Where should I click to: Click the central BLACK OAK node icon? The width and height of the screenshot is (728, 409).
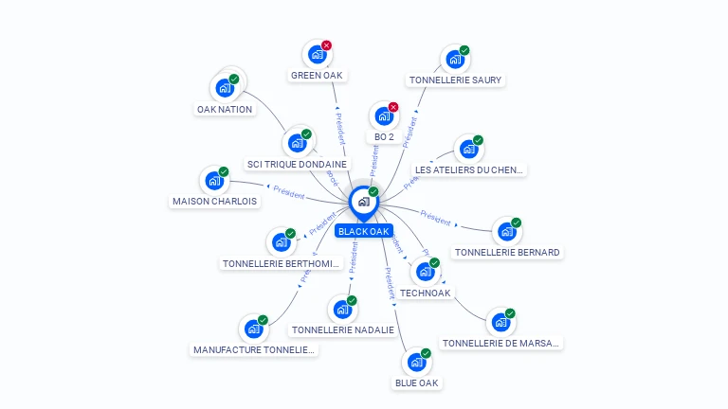point(363,202)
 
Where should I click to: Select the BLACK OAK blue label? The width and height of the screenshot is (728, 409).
point(364,231)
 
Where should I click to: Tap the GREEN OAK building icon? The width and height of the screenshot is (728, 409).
point(317,55)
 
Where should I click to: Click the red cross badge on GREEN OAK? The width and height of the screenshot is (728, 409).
point(326,44)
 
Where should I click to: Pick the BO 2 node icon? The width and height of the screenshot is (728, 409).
point(383,116)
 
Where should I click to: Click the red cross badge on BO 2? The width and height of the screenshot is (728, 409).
point(393,107)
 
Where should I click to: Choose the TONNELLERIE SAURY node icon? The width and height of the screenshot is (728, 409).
point(455,60)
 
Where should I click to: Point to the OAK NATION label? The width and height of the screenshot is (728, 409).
point(225,109)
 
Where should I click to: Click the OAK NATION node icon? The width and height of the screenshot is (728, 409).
point(224,88)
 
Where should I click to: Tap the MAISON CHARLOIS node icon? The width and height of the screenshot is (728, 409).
point(214,180)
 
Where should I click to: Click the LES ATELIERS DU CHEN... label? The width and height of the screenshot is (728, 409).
point(469,170)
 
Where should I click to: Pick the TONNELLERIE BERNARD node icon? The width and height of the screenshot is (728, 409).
point(507,231)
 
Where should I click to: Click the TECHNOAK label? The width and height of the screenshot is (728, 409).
point(425,293)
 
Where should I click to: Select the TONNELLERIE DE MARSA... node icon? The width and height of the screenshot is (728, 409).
point(500,323)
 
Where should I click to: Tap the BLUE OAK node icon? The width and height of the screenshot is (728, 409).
point(416,362)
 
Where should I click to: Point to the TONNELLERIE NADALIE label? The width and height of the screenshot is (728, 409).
point(342,329)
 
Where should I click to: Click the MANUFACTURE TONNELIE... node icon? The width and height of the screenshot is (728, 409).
point(253,329)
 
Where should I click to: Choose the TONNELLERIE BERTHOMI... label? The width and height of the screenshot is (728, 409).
point(281,263)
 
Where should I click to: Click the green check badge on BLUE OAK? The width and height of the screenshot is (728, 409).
point(426,352)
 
